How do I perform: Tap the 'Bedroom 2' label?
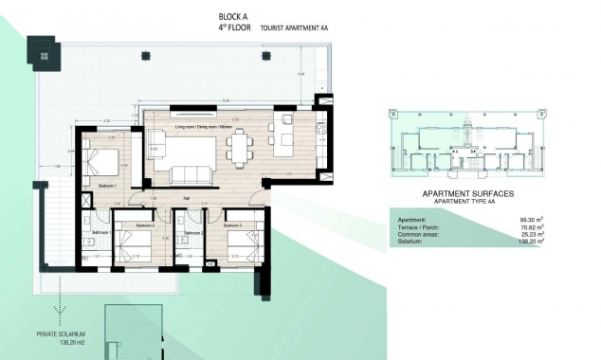click(145, 225)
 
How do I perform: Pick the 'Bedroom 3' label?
click(232, 225)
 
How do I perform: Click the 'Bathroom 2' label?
click(193, 232)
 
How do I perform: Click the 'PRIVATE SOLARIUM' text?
click(62, 333)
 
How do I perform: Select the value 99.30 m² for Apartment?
click(518, 220)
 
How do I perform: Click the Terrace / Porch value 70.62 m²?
click(518, 227)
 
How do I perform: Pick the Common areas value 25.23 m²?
click(518, 235)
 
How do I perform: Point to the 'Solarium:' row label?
click(411, 242)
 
